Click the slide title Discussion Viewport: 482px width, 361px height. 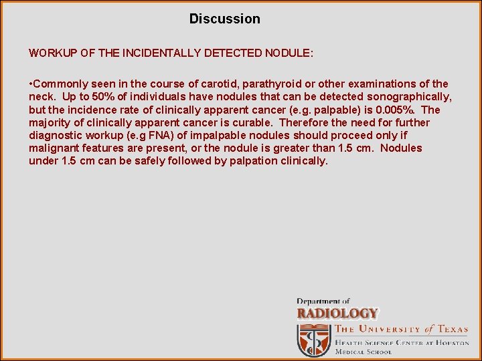[x=224, y=19]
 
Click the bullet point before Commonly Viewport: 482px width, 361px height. [x=31, y=84]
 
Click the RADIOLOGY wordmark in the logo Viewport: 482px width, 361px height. [x=337, y=313]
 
